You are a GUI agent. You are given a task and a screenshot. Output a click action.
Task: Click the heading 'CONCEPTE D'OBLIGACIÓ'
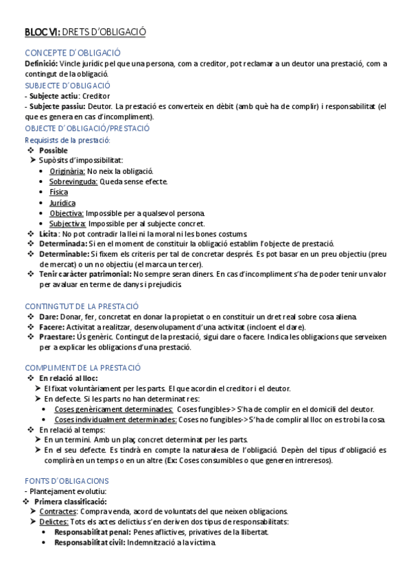tap(73, 53)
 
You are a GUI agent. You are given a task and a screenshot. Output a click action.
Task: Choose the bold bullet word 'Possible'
tap(54, 150)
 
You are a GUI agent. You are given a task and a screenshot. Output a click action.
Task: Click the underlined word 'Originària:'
tap(67, 171)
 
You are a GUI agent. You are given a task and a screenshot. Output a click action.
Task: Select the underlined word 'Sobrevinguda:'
tap(73, 182)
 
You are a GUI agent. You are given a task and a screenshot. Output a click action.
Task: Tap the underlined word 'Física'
tap(58, 192)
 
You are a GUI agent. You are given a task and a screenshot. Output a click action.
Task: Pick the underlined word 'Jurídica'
tap(62, 203)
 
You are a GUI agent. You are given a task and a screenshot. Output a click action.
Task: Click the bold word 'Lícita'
tap(48, 234)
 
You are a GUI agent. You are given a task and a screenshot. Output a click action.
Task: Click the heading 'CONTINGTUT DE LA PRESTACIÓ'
tap(82, 306)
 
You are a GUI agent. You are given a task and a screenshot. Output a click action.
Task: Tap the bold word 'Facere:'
tap(51, 327)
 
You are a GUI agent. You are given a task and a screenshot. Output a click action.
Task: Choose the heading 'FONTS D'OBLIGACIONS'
tap(67, 480)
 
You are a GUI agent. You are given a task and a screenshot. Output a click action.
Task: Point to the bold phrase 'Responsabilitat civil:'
tap(89, 543)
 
